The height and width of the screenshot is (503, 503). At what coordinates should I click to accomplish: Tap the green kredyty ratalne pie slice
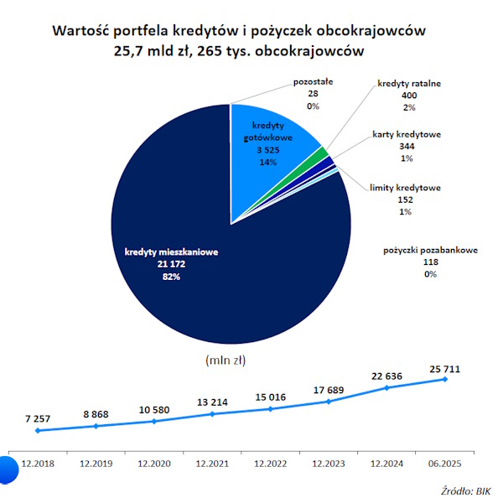point(321,153)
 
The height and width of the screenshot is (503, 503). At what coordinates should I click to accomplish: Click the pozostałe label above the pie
point(312,83)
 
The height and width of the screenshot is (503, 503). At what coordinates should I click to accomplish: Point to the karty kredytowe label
point(407,134)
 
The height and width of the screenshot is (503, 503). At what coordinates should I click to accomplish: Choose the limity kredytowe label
point(405,187)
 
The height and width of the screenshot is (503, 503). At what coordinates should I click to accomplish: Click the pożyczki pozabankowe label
point(430,250)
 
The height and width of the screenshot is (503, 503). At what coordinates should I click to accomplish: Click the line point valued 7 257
point(38,431)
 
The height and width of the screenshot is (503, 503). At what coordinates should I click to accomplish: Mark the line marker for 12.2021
point(212,414)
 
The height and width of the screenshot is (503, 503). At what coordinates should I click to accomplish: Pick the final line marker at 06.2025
point(444,379)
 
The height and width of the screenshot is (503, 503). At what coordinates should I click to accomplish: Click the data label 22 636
point(387,376)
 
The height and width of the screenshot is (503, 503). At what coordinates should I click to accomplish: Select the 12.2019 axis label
point(96,463)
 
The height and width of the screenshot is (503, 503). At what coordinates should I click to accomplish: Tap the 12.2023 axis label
point(329,463)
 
